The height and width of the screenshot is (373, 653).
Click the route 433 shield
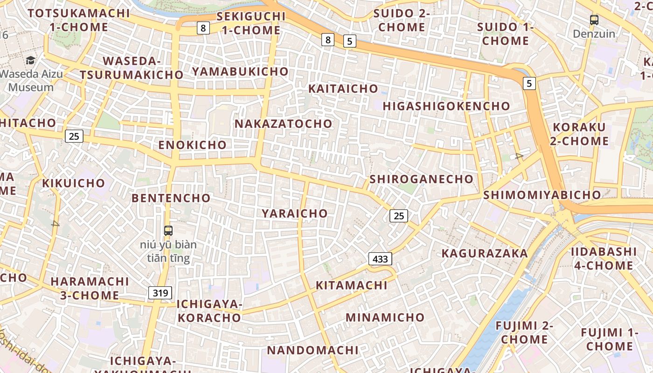point(380,259)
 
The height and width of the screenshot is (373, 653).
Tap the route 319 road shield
point(160,293)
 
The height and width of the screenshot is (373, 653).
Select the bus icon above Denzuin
point(594,20)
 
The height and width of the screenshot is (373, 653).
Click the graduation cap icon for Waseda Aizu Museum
point(30,60)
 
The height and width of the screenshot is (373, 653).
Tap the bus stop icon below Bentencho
point(168,230)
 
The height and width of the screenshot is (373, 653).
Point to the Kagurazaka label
point(485,253)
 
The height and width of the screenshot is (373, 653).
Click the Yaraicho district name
point(295,213)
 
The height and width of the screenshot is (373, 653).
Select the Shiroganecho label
point(421,179)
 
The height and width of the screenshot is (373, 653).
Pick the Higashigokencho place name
point(446,106)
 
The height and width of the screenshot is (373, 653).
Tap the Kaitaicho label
point(343,88)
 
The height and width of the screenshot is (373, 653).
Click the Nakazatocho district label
point(283,124)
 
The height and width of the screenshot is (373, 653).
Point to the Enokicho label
point(192,145)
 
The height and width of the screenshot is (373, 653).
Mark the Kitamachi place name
point(352,285)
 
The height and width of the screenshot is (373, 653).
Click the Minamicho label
point(385,318)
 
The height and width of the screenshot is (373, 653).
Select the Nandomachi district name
point(313,350)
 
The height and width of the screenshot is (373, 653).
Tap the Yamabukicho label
point(240,71)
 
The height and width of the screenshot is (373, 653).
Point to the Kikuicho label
point(73,183)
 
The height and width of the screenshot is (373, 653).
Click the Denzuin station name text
point(594,34)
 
